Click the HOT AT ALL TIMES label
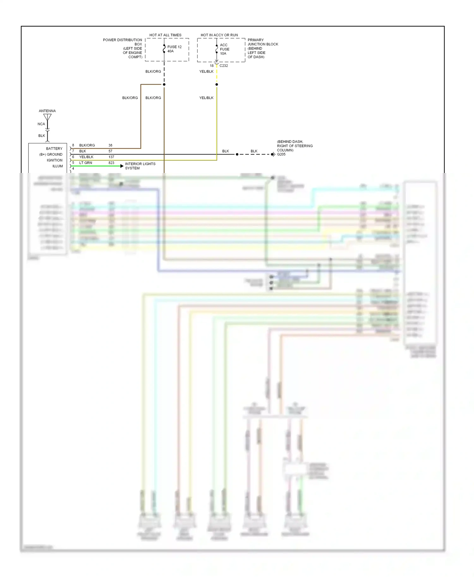165,35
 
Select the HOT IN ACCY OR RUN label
219,35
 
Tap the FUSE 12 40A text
174,49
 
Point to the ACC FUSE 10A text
224,49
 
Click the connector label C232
224,66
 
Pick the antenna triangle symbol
47,117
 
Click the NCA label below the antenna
41,124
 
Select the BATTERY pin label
54,149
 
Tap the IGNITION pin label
54,160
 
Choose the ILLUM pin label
58,166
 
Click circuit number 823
111,163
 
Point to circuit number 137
111,157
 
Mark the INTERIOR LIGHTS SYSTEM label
140,166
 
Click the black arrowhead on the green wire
122,166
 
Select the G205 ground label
281,154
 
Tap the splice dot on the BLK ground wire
237,154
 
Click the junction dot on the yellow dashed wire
217,85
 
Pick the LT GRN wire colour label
86,163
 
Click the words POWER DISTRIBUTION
122,40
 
